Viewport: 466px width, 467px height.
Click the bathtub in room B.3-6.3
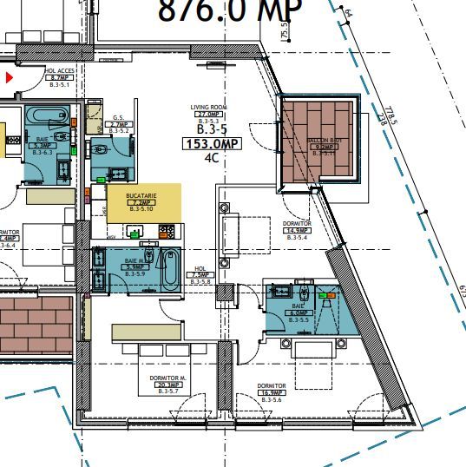pyautogui.click(x=41, y=116)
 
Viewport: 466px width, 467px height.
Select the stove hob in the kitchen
pyautogui.click(x=166, y=232)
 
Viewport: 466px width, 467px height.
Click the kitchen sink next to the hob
pyautogui.click(x=135, y=232)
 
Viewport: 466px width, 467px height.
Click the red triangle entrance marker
pyautogui.click(x=10, y=78)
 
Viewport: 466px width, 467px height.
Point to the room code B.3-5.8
pyautogui.click(x=200, y=282)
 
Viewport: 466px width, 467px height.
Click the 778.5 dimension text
pyautogui.click(x=383, y=115)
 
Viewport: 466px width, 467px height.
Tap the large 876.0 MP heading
pyautogui.click(x=229, y=11)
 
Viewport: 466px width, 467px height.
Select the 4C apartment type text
pyautogui.click(x=211, y=159)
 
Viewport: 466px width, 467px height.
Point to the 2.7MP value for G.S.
pyautogui.click(x=119, y=124)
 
